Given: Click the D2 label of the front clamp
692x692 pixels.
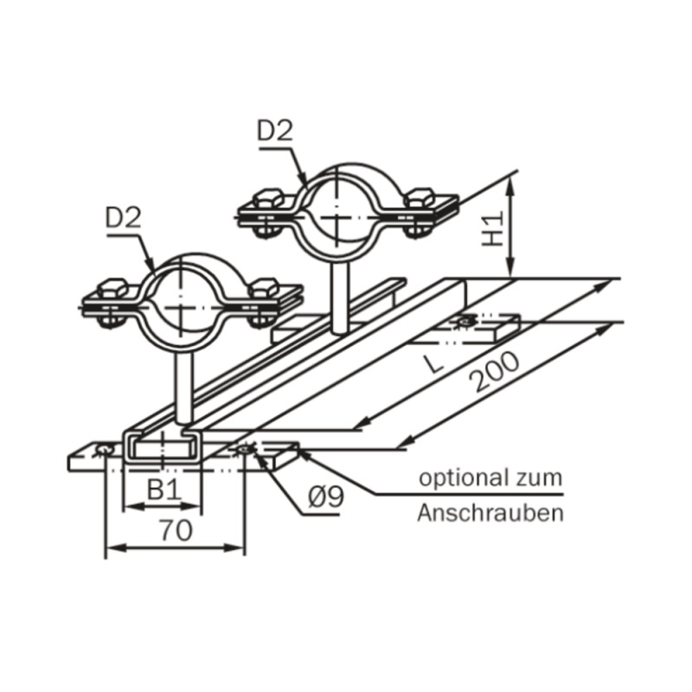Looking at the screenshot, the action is [x=124, y=218].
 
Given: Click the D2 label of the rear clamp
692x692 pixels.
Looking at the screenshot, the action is [x=275, y=131].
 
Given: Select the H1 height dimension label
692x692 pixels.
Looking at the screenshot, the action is [x=492, y=228].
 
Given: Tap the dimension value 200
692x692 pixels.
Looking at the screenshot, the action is [x=495, y=372].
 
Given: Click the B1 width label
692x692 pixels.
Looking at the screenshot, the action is [x=164, y=490].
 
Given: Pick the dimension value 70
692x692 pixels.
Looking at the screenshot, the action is [x=176, y=530].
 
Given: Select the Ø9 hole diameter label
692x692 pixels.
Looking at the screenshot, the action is [x=326, y=498].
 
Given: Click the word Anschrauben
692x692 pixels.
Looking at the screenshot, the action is [x=490, y=513].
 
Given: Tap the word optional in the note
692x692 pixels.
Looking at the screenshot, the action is [x=461, y=479].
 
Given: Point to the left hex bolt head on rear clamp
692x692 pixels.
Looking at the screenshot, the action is [x=268, y=199].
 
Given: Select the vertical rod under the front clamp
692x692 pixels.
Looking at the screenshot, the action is [x=183, y=388].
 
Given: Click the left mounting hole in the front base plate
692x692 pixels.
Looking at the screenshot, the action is [x=105, y=450].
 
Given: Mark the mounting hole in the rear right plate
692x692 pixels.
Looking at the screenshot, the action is [x=465, y=321].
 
